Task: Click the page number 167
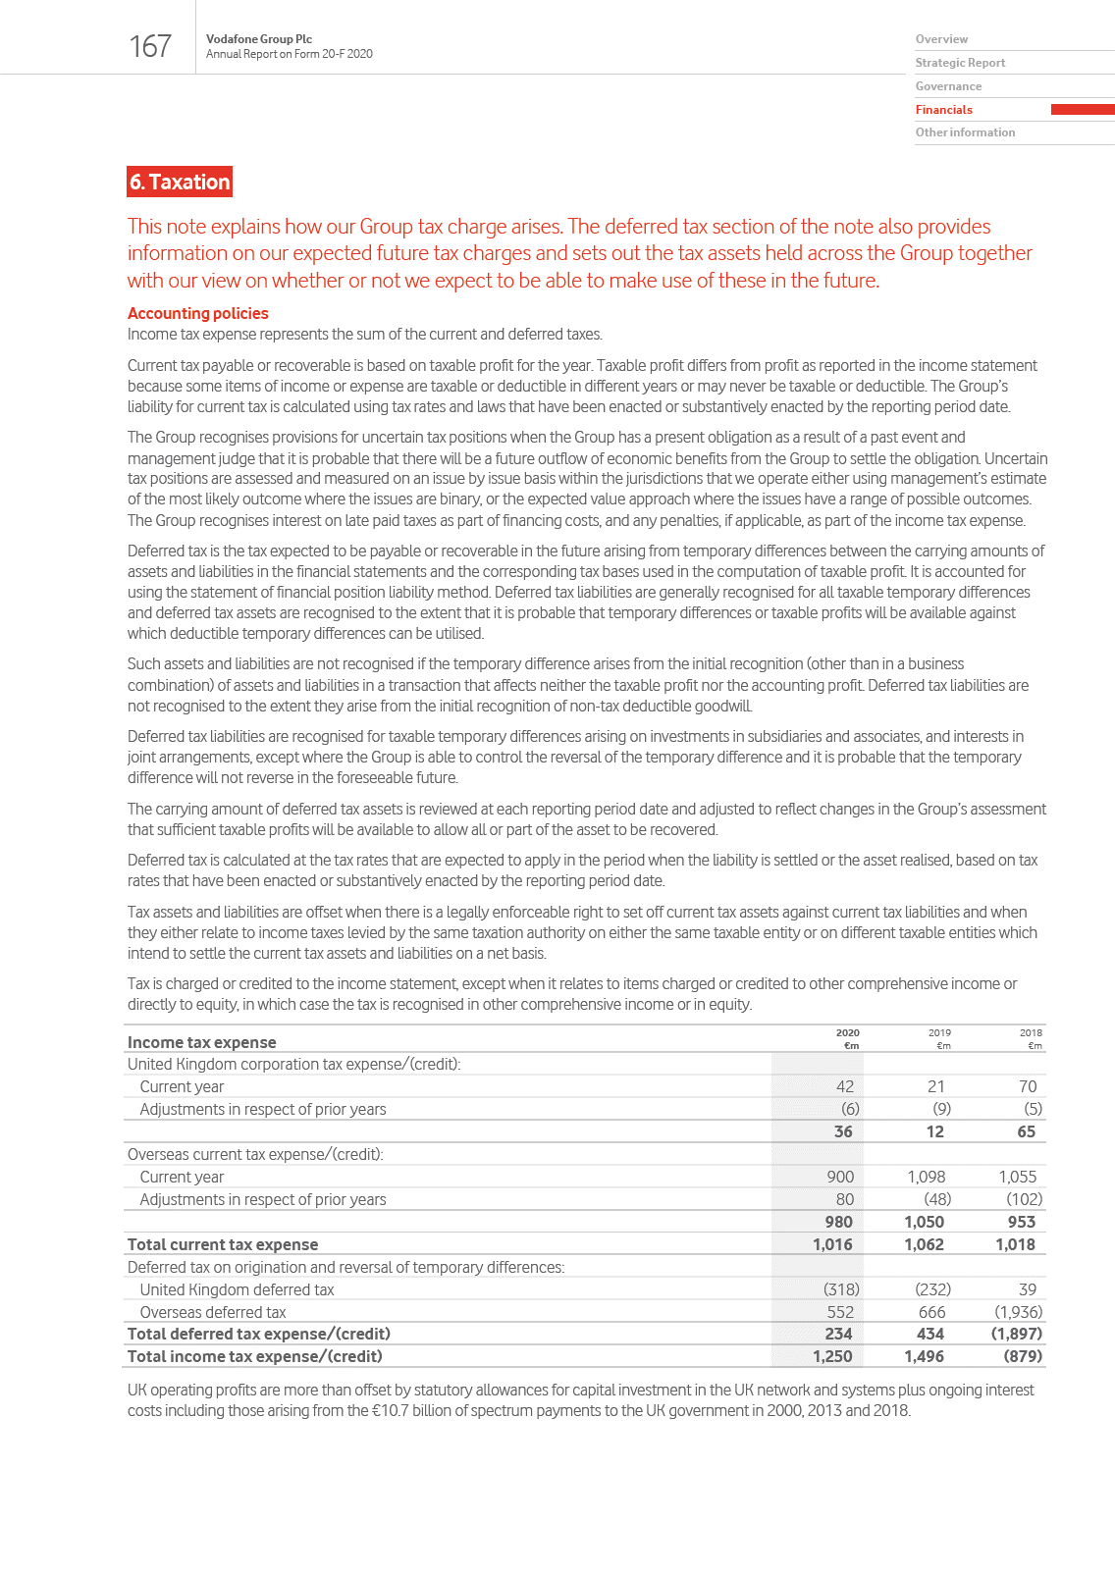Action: point(150,46)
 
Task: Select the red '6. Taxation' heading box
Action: point(180,182)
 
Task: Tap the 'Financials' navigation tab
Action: point(944,110)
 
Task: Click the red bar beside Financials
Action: point(1082,110)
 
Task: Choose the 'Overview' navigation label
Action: point(941,39)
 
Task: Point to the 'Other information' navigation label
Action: point(965,132)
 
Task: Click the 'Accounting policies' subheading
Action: point(197,313)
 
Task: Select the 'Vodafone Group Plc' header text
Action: point(259,39)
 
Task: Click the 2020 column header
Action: point(847,1033)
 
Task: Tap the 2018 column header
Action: point(1031,1033)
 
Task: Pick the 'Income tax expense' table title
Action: point(201,1042)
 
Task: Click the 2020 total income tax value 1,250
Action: point(832,1356)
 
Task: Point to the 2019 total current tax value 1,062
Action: point(924,1244)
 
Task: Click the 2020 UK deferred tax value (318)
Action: point(841,1289)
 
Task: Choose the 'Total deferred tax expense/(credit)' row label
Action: point(259,1334)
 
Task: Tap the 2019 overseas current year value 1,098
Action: point(926,1177)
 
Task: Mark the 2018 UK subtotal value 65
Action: point(1026,1131)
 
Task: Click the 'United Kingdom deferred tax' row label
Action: point(237,1289)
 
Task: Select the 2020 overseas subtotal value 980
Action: point(838,1222)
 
